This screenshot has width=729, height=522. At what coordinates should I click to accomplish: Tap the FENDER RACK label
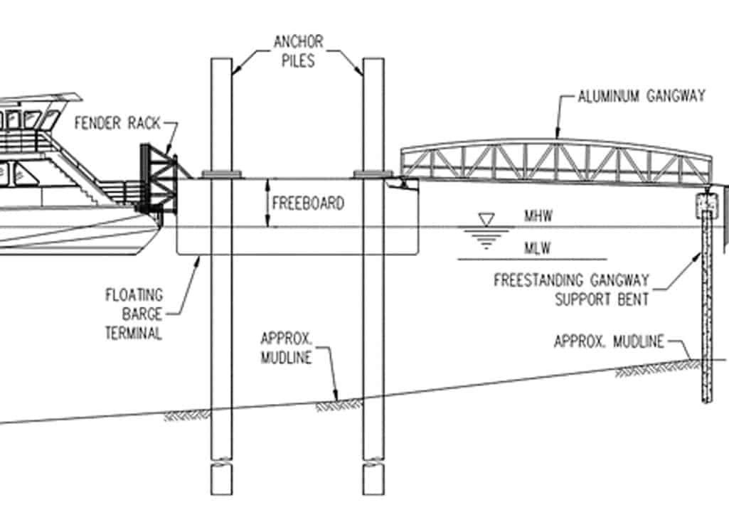(117, 123)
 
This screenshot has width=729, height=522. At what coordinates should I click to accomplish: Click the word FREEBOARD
(308, 203)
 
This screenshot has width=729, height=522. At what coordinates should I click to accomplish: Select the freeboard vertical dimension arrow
(267, 203)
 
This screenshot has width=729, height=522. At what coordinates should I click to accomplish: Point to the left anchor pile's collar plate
(222, 173)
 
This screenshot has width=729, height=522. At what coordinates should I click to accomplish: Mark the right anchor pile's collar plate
(373, 173)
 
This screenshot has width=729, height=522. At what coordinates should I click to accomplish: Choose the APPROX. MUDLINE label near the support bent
(608, 342)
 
